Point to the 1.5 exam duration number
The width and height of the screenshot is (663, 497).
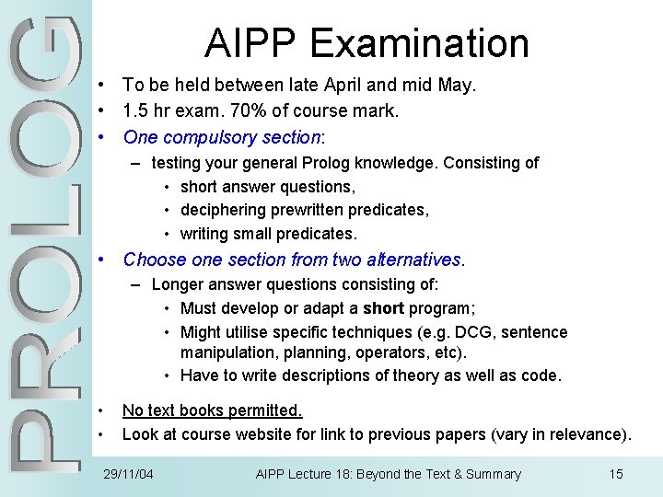point(136,111)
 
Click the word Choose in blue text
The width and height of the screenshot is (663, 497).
point(151,260)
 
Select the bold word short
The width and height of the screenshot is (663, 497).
point(382,308)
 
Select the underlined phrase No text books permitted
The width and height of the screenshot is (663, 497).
point(212,410)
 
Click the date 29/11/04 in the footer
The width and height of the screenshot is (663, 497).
point(128,474)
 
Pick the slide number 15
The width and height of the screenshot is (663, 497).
point(616,474)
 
